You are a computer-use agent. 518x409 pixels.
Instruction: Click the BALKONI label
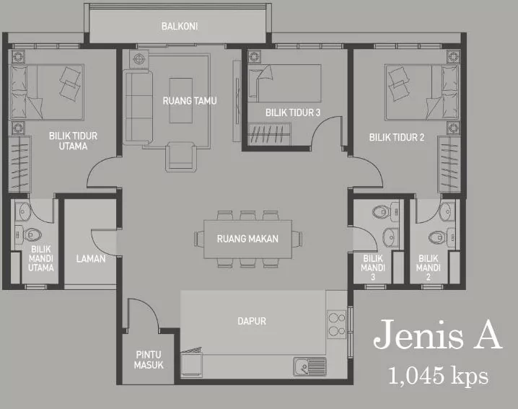180,26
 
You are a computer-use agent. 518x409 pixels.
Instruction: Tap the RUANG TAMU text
190,100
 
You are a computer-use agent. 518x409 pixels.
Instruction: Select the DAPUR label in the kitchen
252,321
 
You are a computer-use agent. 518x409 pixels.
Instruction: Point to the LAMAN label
91,258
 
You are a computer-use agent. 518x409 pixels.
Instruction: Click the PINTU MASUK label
149,359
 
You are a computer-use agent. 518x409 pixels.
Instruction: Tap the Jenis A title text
438,334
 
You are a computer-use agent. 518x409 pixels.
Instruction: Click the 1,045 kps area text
438,376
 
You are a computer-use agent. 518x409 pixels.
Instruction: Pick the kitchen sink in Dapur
310,366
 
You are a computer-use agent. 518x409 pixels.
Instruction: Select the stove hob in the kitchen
336,325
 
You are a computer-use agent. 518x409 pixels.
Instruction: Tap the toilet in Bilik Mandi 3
385,211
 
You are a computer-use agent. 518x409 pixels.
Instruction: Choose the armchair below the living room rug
180,157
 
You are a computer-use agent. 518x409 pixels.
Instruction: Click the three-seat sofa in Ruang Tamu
138,107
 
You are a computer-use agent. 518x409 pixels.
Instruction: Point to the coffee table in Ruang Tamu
181,100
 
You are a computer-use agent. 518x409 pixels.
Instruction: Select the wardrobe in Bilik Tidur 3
269,134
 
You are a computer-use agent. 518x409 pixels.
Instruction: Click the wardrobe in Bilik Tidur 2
449,164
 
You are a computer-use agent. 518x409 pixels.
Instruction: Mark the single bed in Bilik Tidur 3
284,83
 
